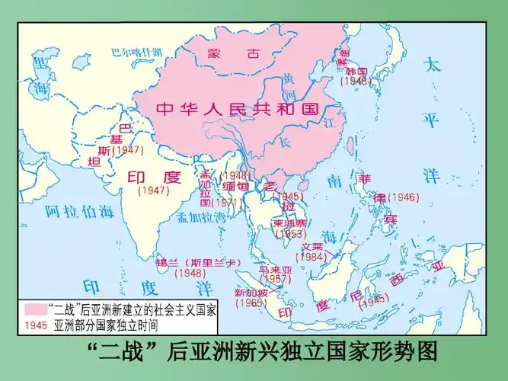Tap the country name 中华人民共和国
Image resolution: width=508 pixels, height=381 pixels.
tap(236, 109)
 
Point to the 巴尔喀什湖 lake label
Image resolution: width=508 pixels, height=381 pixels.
tap(137, 52)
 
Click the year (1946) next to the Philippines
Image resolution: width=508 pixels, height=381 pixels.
tap(404, 197)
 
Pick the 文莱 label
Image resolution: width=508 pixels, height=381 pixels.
tap(312, 247)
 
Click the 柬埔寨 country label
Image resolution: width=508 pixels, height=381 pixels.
tap(290, 223)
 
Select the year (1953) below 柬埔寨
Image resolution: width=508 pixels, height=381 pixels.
tap(291, 234)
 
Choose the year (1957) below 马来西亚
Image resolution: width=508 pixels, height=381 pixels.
tap(276, 280)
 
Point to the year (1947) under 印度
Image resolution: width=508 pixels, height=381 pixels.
tap(154, 191)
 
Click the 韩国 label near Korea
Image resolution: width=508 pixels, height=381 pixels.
tap(356, 70)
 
